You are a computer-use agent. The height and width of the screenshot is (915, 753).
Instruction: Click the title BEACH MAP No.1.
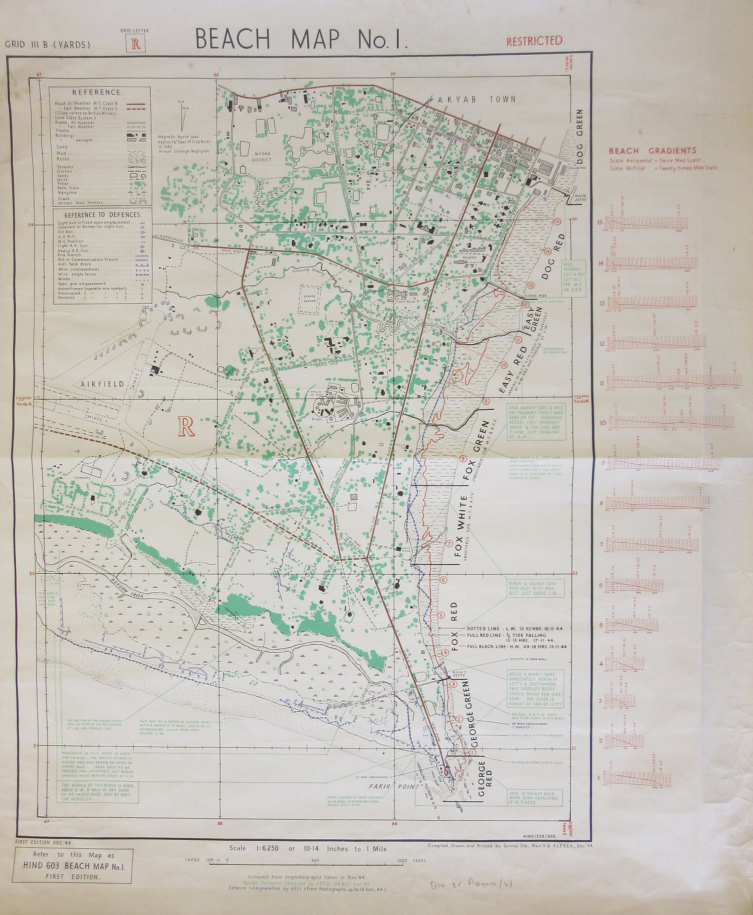pos(301,39)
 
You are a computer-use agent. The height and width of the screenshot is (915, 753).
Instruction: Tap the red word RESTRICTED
pos(536,41)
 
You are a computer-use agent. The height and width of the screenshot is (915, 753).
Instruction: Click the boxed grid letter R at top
pos(136,45)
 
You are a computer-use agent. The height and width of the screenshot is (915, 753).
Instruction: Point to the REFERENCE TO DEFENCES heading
pos(102,215)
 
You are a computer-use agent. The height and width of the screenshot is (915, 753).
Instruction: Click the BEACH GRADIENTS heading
pos(652,151)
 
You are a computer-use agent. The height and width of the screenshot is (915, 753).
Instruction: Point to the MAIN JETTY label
pos(580,197)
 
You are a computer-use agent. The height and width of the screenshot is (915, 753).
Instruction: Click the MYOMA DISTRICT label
pos(262,157)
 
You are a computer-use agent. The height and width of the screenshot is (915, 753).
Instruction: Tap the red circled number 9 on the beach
pos(486,401)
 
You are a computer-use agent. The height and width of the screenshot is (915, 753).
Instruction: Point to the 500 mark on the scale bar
pos(315,860)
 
